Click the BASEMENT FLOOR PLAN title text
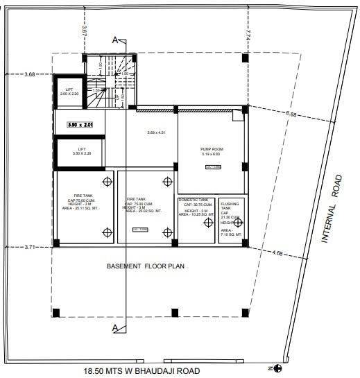pyautogui.click(x=144, y=266)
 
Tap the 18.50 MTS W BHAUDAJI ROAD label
pyautogui.click(x=141, y=371)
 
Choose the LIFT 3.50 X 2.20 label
pyautogui.click(x=81, y=152)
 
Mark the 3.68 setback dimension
pyautogui.click(x=30, y=74)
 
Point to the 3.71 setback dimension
pyautogui.click(x=30, y=246)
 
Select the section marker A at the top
pyautogui.click(x=115, y=40)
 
